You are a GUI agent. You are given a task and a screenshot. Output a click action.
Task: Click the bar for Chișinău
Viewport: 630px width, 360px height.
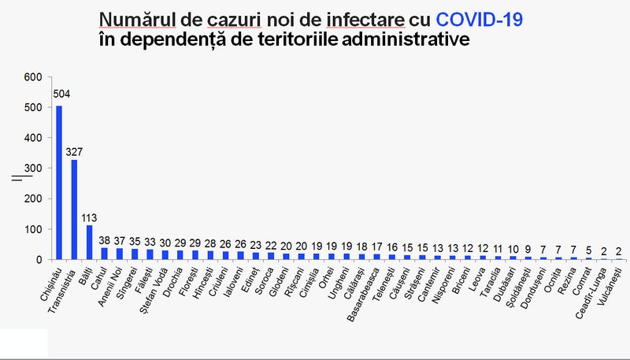pos(59,182)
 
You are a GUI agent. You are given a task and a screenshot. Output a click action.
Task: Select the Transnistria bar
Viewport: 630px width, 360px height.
pos(74,210)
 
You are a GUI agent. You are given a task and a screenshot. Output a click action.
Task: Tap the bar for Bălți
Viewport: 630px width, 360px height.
pos(89,242)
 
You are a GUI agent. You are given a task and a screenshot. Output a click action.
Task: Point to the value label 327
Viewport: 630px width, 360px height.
pos(76,150)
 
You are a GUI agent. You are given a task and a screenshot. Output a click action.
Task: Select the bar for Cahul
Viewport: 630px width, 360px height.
pos(105,253)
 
